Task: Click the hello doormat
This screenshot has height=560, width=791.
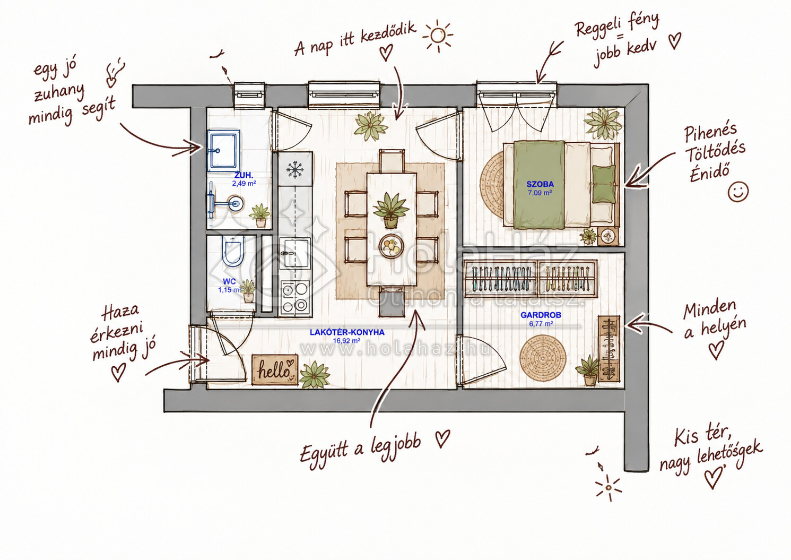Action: point(275,369)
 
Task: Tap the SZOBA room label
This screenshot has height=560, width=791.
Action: point(540,184)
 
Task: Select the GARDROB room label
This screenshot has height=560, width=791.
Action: point(541,315)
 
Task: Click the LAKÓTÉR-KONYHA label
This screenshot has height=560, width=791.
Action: point(347,332)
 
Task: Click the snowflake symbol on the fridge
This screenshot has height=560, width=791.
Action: point(295,169)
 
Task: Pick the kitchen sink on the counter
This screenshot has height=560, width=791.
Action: point(295,253)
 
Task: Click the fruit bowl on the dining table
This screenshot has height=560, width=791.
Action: point(392,246)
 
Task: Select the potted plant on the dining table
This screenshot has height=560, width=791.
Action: point(390,210)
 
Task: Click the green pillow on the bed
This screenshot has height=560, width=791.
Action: point(604,184)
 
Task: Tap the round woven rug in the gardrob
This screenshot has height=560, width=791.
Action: point(543,358)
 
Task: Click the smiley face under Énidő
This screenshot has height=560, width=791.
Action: point(738,192)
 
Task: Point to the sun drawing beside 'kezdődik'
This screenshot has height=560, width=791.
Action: point(438,36)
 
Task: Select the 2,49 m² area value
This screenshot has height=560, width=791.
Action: point(244,183)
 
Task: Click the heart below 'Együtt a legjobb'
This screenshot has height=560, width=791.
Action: point(442,438)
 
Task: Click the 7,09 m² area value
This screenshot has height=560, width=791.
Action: point(540,193)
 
